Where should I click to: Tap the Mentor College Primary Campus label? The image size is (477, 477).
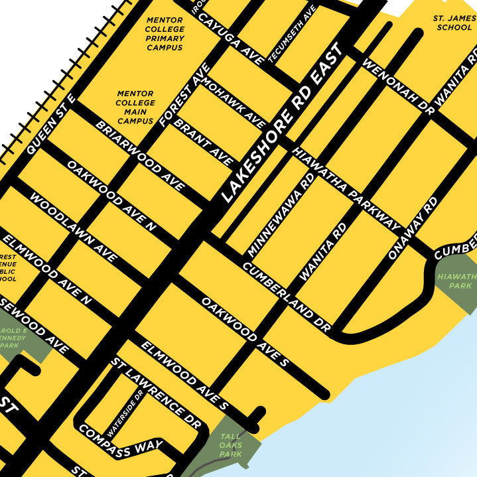[x=165, y=34]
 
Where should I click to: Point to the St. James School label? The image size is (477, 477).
[x=453, y=23]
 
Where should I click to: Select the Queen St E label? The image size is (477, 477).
[x=51, y=124]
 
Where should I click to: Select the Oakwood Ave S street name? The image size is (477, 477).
[x=245, y=332]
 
